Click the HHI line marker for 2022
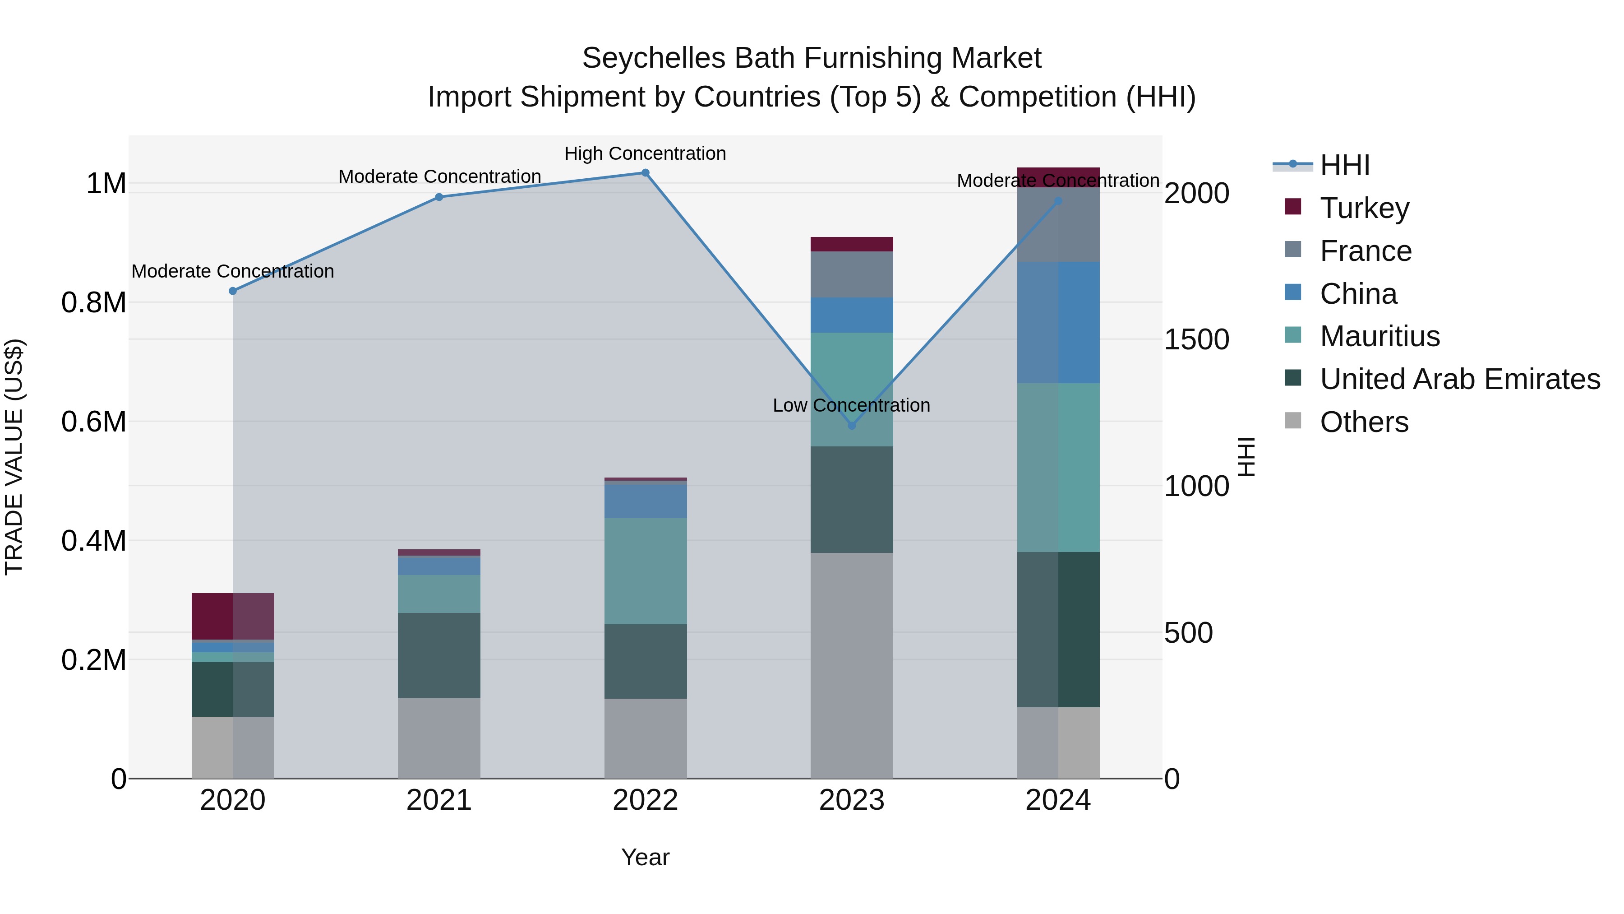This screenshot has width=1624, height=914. coord(645,173)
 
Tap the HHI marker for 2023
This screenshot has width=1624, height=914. coord(852,426)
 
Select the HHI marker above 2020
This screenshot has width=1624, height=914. coord(233,291)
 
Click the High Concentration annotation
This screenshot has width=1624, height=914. coord(645,154)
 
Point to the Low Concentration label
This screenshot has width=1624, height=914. coord(851,406)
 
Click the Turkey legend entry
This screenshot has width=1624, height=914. coord(1364,208)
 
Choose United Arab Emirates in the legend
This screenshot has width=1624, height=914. coord(1459,380)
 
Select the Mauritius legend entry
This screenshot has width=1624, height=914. coord(1379,337)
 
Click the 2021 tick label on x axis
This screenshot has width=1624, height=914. coord(439,800)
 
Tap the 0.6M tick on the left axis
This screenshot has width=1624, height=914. coord(94,422)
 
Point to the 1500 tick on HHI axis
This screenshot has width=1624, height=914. coord(1196,340)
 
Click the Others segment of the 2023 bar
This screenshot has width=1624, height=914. coord(852,665)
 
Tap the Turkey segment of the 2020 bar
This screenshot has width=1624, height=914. coord(233,616)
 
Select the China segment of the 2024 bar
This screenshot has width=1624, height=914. coord(1058,322)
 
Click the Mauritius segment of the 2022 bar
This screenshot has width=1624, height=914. coord(645,571)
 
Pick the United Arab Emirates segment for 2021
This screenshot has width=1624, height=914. coord(439,655)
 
